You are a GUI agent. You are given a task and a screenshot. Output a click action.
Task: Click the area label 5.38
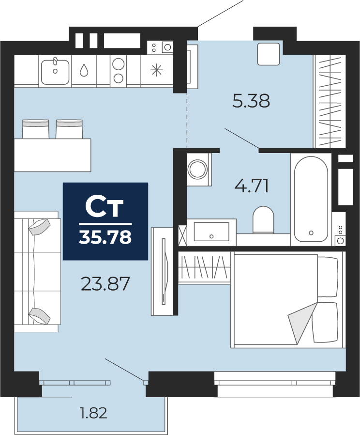[251, 101]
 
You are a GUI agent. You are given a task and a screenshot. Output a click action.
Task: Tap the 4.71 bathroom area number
[252, 186]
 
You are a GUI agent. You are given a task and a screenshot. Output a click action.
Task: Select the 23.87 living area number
[105, 284]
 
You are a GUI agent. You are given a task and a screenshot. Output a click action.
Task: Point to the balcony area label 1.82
[93, 413]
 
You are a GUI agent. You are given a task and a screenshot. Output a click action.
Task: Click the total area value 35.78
[105, 237]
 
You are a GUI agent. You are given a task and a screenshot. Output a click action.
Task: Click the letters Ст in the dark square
[104, 207]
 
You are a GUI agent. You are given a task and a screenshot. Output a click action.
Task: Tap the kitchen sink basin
[55, 72]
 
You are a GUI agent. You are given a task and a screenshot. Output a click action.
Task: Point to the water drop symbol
[84, 70]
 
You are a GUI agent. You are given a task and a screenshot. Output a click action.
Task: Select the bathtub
[311, 199]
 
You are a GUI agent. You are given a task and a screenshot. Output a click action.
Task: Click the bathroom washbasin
[211, 232]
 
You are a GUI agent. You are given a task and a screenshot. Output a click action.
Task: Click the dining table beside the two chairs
[52, 155]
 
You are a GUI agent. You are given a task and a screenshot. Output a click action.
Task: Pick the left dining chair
[35, 129]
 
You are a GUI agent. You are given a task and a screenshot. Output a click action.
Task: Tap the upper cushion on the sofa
[39, 227]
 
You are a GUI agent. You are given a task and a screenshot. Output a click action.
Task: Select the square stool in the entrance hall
[268, 54]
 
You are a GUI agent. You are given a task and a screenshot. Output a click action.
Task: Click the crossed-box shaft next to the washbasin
[182, 235]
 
